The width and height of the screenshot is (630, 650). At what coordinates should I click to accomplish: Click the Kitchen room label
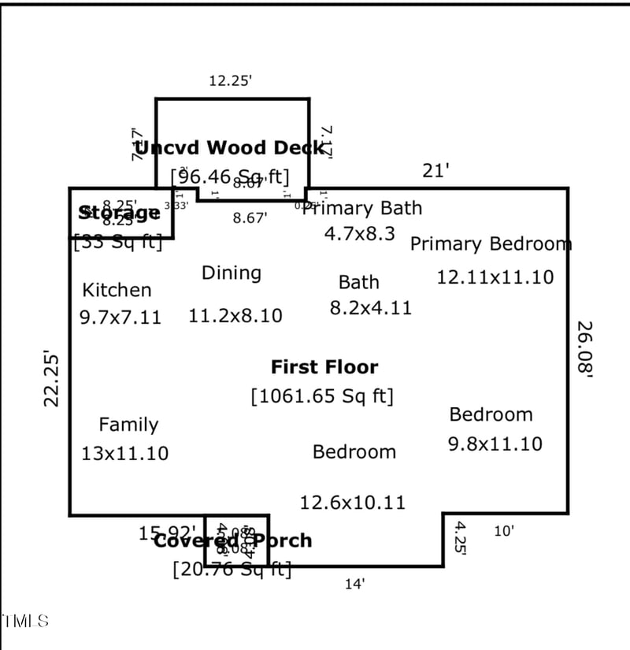[117, 290]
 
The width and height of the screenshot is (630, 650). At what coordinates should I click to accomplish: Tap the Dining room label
[232, 273]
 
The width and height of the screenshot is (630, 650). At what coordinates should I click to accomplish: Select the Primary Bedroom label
[491, 243]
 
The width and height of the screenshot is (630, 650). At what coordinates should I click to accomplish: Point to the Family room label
[128, 425]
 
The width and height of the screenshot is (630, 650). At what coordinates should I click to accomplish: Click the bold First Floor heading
[324, 366]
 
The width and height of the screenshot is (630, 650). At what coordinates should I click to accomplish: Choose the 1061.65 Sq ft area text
[322, 396]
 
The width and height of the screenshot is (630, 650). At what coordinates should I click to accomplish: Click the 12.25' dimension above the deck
[230, 80]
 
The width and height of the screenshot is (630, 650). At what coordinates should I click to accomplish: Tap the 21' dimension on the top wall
[435, 170]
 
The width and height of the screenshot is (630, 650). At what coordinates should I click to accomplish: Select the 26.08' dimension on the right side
[584, 351]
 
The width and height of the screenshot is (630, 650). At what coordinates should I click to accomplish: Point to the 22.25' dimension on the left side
[52, 378]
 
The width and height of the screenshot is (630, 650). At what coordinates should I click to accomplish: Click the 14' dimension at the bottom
[355, 584]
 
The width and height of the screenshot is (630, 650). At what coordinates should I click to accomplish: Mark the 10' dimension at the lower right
[504, 531]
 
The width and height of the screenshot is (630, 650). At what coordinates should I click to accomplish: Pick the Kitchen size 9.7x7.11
[120, 318]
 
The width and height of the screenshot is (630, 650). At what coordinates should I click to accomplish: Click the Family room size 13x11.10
[125, 453]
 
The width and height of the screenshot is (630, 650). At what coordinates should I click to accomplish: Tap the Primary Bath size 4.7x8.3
[360, 233]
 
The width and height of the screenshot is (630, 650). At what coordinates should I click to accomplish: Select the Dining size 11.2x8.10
[235, 316]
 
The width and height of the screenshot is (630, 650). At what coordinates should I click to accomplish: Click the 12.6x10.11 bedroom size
[352, 502]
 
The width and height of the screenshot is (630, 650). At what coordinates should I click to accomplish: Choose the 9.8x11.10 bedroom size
[495, 444]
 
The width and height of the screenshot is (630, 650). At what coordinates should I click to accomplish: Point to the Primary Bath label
[363, 208]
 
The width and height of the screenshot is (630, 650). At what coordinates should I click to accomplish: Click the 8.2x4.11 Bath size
[370, 307]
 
